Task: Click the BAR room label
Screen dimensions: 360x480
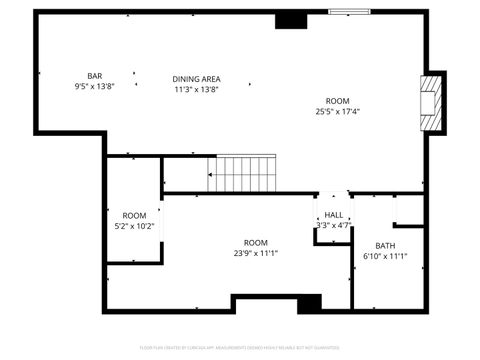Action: click(95, 76)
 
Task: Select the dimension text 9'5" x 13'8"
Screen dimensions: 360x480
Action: click(95, 87)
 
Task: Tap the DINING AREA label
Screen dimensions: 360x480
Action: click(196, 79)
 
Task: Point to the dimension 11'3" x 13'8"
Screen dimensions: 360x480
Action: click(196, 89)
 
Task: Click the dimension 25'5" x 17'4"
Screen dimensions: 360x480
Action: click(337, 111)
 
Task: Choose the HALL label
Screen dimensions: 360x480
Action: click(334, 215)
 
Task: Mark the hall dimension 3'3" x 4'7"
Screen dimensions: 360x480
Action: click(334, 225)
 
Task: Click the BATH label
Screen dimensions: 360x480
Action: click(385, 246)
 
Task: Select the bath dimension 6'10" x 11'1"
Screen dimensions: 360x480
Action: click(385, 257)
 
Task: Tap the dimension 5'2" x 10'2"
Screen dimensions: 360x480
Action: click(134, 226)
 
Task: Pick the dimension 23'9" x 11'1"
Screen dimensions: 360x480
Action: click(256, 253)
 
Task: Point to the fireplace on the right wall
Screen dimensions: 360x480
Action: click(432, 102)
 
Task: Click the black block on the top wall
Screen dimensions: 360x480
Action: click(290, 20)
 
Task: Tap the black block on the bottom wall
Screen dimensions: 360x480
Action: click(309, 302)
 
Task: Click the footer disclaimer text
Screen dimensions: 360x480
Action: click(240, 348)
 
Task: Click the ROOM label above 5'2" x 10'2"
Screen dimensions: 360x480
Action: click(134, 215)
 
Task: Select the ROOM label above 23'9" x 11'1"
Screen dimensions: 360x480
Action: click(256, 242)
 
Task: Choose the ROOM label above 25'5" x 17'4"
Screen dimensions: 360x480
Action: click(337, 100)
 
